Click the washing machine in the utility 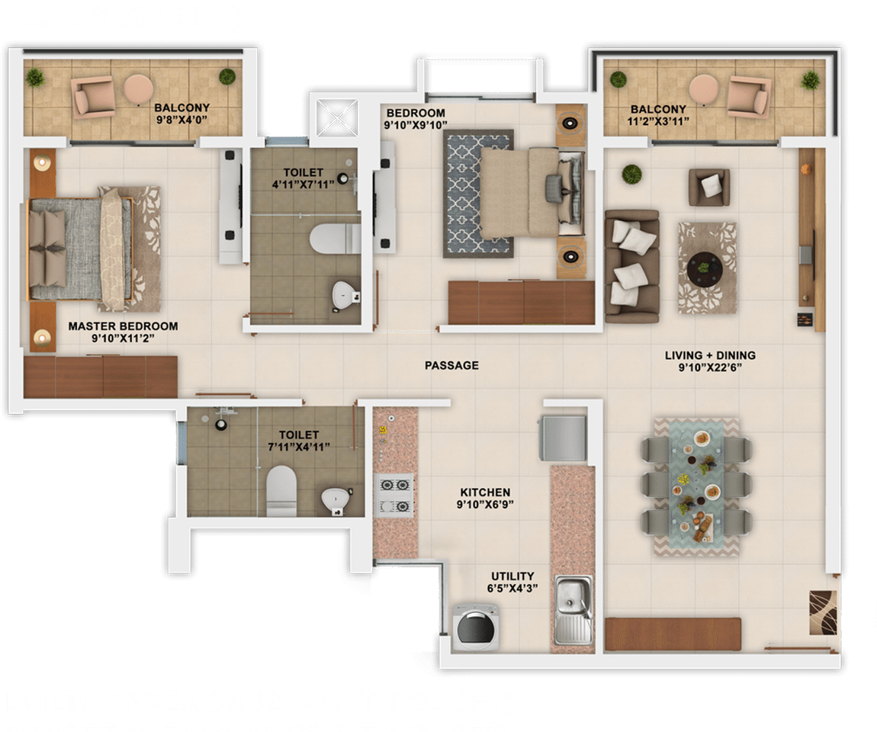[475, 627]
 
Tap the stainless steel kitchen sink [573, 609]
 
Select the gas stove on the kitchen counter [395, 496]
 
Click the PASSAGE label [451, 366]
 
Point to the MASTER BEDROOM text [123, 326]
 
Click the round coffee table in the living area [705, 268]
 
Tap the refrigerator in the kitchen [563, 438]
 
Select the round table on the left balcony [138, 89]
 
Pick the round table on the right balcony [704, 89]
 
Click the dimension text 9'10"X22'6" [710, 368]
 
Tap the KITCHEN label [485, 493]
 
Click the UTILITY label [512, 576]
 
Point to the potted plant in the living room [631, 174]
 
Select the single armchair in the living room [709, 188]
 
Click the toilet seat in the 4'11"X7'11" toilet [335, 239]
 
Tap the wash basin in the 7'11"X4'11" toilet [336, 500]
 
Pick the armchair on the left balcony [94, 97]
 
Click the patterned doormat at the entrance [824, 612]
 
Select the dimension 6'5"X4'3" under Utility [512, 588]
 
